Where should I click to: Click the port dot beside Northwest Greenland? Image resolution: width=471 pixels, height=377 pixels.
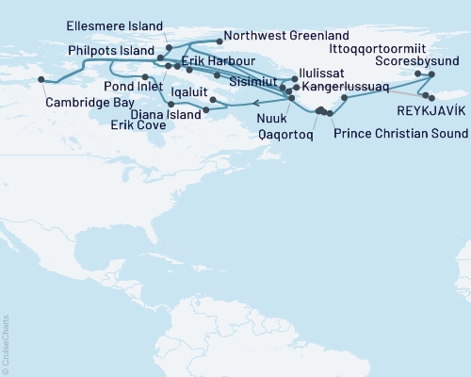[219, 41]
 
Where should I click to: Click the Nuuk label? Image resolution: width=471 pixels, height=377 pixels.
[272, 121]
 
